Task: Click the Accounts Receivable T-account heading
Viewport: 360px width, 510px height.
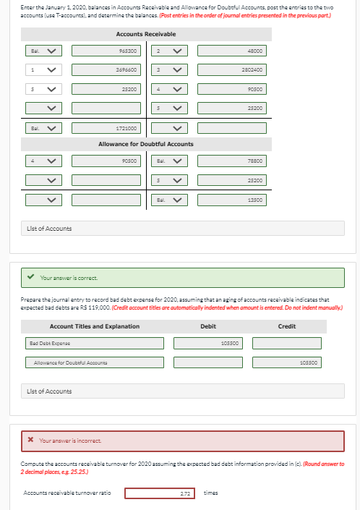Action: tap(145, 34)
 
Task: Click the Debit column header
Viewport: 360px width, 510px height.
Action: tap(207, 326)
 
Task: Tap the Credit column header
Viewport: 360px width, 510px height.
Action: tap(286, 326)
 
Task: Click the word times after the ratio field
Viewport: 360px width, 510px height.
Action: tap(211, 493)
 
